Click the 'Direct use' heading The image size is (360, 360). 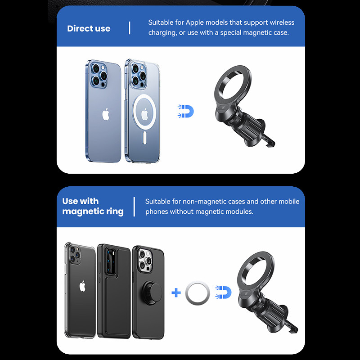coord(89,28)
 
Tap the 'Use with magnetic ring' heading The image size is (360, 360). coord(93,206)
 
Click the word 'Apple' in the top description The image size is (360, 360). coord(194,22)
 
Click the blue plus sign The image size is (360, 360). coord(176,292)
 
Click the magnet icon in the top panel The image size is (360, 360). coord(186,111)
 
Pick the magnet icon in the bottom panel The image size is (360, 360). coord(223,292)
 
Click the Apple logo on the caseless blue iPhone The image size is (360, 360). coord(106,114)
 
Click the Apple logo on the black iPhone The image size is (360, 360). coord(82,286)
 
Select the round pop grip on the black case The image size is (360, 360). coord(152,293)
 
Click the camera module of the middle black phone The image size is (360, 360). coord(111,262)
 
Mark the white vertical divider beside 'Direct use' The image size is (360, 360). coord(130,28)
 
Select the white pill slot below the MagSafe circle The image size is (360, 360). coord(144,138)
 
